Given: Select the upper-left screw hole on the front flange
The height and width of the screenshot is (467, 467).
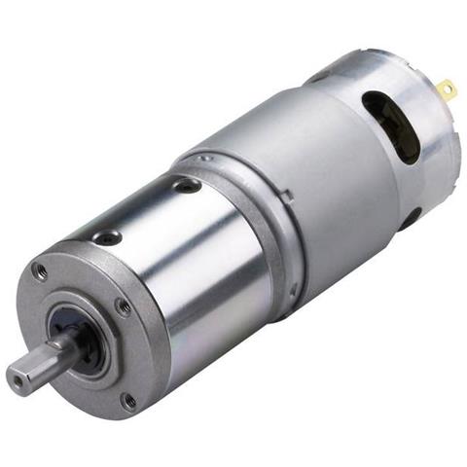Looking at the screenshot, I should (40, 271).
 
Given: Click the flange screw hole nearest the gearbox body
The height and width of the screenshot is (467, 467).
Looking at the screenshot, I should (124, 307).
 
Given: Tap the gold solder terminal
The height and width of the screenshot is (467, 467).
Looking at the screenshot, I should (446, 91).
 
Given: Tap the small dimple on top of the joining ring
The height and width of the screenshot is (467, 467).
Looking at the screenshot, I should (205, 154).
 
